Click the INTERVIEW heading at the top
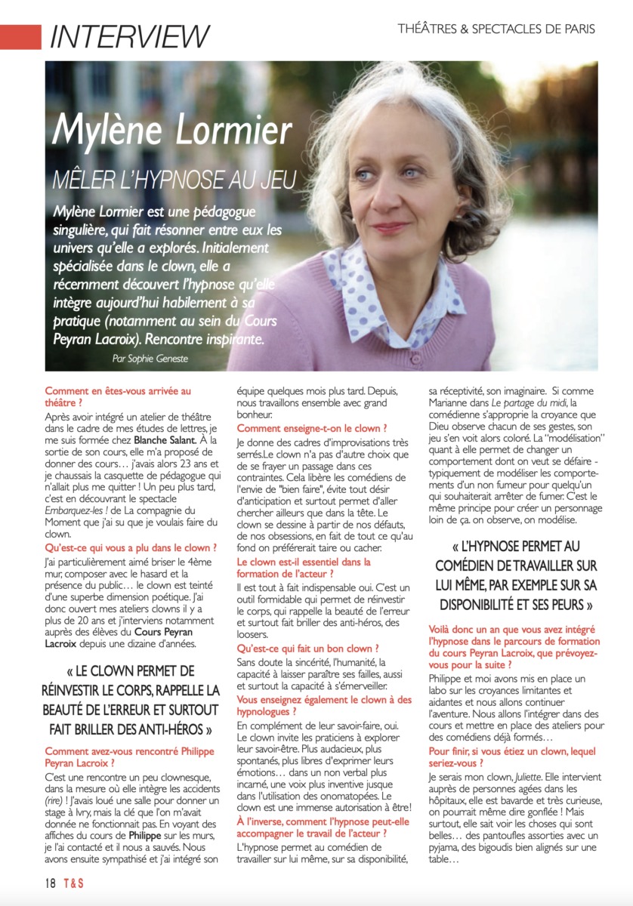(x=129, y=35)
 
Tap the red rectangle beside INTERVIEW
(x=20, y=36)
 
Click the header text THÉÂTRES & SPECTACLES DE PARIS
(x=496, y=29)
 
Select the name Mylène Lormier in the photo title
(x=174, y=130)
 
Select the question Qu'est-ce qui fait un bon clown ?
(x=308, y=648)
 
